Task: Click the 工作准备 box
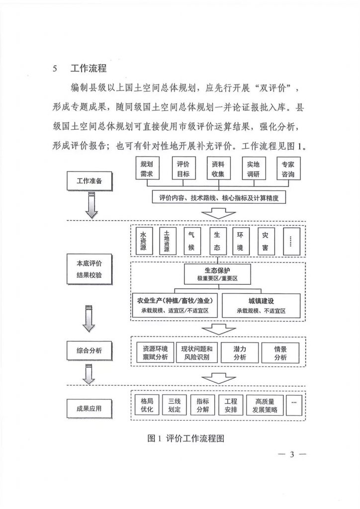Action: [x=90, y=181]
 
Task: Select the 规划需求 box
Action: [x=147, y=169]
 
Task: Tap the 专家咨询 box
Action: [x=288, y=169]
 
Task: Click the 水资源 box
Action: [x=143, y=241]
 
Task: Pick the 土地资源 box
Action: [x=167, y=241]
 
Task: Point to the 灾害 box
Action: [x=265, y=241]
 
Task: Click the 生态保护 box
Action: [x=217, y=274]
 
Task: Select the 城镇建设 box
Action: [x=262, y=306]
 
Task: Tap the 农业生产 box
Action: [x=175, y=306]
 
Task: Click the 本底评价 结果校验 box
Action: [x=90, y=269]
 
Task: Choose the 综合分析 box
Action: [x=90, y=350]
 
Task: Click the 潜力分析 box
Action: [x=240, y=352]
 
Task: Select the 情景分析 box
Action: [x=280, y=352]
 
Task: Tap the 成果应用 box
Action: [x=90, y=409]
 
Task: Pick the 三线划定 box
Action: [x=175, y=405]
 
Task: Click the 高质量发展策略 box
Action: [x=265, y=405]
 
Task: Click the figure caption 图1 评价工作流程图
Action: [x=185, y=438]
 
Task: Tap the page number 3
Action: [x=292, y=454]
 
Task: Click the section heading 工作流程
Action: [x=89, y=68]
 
